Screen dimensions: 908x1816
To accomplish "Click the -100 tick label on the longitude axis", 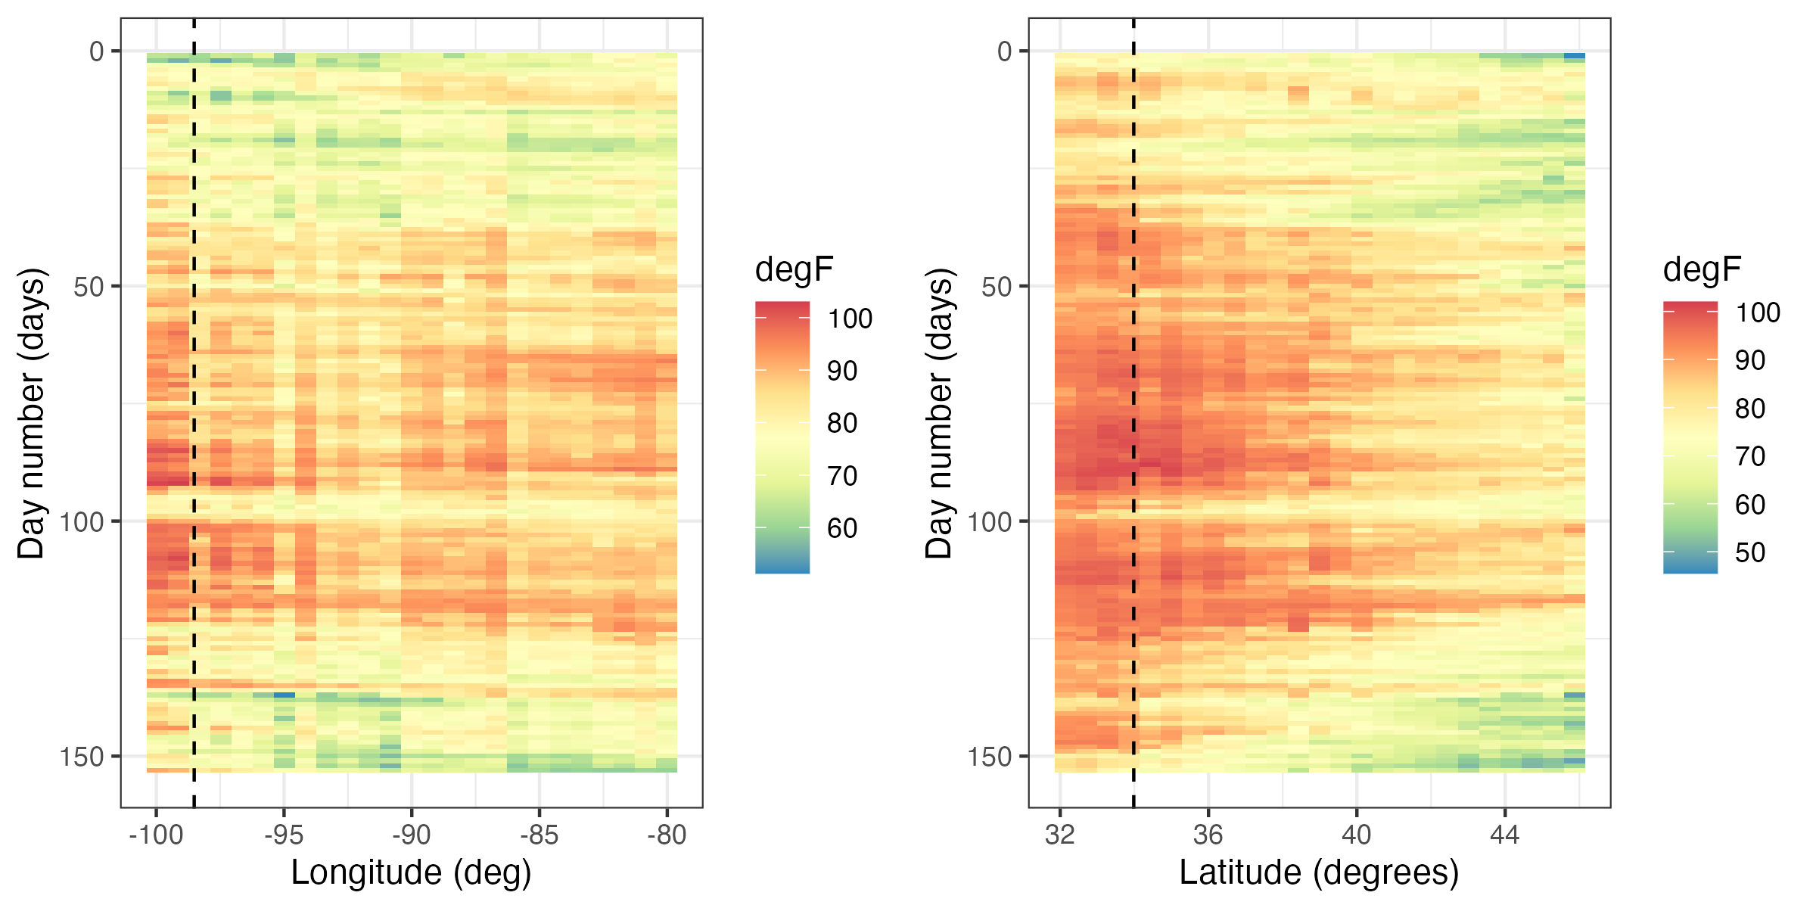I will (156, 835).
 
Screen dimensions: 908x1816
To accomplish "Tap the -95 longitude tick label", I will (284, 835).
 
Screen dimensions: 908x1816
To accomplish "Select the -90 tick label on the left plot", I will (412, 835).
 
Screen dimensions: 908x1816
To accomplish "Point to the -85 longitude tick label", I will (540, 835).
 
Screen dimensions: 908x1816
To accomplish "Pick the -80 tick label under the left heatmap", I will (667, 835).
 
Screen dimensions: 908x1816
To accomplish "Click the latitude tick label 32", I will (1060, 835).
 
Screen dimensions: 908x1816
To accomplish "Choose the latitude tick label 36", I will (1208, 835).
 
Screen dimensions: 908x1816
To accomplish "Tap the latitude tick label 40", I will (1357, 835).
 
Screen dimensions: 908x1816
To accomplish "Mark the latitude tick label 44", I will (1505, 835).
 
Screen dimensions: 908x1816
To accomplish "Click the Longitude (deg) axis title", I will (412, 872).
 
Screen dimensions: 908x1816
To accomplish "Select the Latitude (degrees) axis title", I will (1319, 872).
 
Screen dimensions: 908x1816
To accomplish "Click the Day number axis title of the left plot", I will (32, 413).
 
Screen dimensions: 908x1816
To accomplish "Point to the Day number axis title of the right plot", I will (940, 413).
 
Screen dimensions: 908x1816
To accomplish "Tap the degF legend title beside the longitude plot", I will (794, 269).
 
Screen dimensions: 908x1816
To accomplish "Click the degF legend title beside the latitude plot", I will (1702, 269).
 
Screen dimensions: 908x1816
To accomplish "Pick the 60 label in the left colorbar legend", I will (842, 528).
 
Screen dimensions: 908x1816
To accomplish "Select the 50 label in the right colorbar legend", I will (1750, 552).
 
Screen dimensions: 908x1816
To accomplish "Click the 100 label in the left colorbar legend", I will (850, 319).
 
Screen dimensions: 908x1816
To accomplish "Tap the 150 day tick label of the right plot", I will (990, 757).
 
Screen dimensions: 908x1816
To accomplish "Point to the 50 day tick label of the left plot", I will (89, 287).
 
